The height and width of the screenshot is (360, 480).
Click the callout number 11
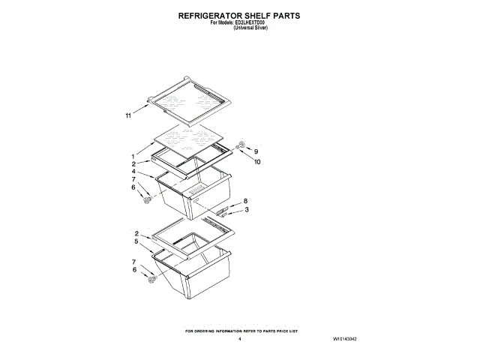click(x=128, y=115)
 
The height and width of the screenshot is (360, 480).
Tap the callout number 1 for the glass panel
click(x=133, y=157)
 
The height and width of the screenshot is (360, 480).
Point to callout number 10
click(x=257, y=161)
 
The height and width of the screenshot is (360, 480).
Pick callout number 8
click(x=245, y=202)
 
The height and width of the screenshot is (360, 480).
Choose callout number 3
click(x=245, y=210)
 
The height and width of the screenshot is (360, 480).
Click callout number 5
click(x=136, y=241)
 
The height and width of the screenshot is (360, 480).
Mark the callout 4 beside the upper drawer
click(x=133, y=172)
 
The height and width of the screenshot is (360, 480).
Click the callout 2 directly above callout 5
click(x=136, y=233)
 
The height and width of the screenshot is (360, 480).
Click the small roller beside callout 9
click(x=241, y=145)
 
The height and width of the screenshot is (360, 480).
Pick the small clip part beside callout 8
click(x=223, y=211)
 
